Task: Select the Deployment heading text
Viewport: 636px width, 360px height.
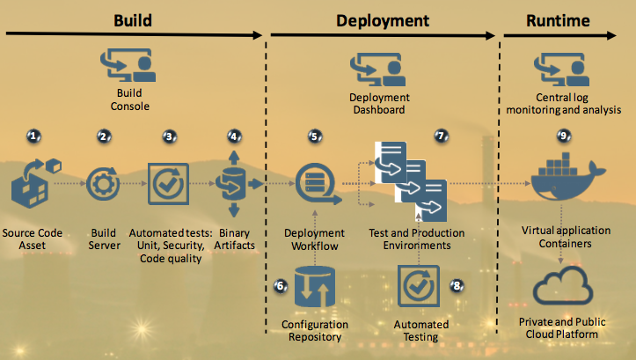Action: (x=383, y=19)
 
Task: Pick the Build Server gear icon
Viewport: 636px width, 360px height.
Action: (x=103, y=185)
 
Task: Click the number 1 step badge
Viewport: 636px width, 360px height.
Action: (x=34, y=136)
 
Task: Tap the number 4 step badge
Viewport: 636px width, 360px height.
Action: (x=233, y=136)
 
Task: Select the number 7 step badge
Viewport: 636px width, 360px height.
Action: (x=442, y=136)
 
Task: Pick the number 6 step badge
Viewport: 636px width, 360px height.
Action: (x=281, y=285)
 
